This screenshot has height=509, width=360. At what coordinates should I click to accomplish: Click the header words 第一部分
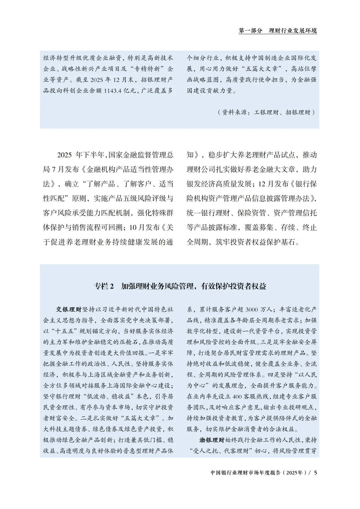point(250,31)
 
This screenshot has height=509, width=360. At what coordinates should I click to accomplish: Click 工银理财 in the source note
point(266,112)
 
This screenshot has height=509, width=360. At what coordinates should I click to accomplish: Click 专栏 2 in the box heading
point(104,286)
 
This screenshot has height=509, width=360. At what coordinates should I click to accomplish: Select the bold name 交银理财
point(69,309)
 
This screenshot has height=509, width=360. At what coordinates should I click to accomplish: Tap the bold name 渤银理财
point(212,440)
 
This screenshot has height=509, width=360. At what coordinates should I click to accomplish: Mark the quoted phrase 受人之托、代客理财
point(225,451)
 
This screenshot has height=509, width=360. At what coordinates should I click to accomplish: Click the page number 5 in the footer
point(315,473)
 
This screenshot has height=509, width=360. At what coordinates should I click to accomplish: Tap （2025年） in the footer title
point(295,473)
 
